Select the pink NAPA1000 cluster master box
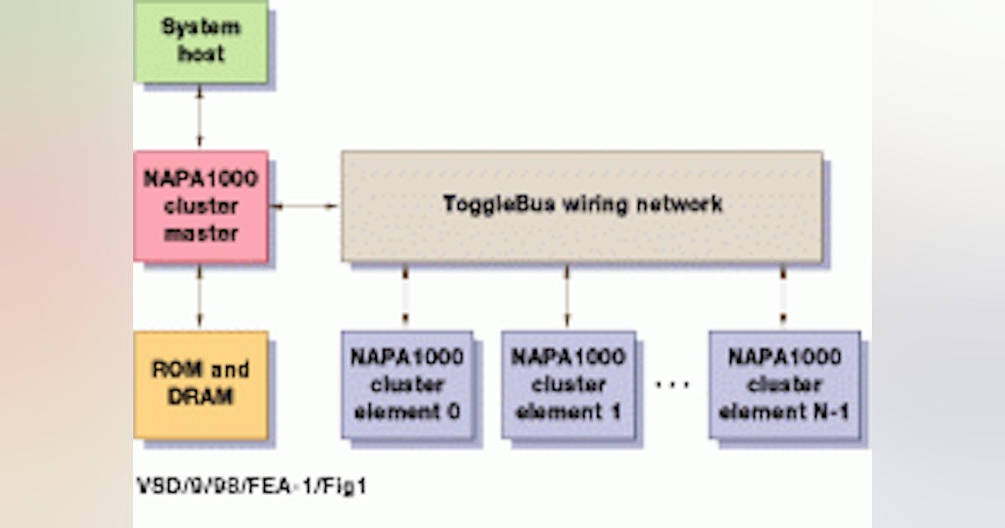point(201,206)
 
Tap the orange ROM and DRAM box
point(201,384)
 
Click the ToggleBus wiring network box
point(582,206)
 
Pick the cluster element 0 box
point(406,384)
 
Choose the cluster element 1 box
point(568,384)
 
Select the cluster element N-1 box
point(784,384)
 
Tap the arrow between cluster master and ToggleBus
point(304,205)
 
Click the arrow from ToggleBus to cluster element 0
point(405,296)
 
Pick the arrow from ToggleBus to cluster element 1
point(567,296)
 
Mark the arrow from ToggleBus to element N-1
point(783,296)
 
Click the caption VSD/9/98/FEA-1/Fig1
point(251,485)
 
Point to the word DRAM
point(201,397)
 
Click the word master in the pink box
point(201,234)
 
